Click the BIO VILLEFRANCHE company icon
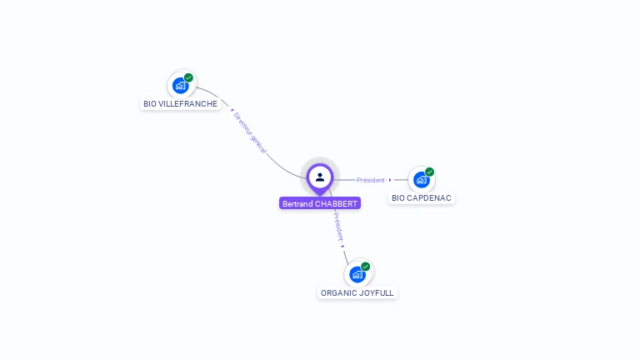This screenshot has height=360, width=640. pyautogui.click(x=180, y=85)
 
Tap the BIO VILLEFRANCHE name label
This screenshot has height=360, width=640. pyautogui.click(x=180, y=104)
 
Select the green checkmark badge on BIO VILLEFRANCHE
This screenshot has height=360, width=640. pyautogui.click(x=189, y=77)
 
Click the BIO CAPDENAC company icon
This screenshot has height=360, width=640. pyautogui.click(x=421, y=179)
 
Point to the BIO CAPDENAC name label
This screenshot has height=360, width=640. pyautogui.click(x=422, y=198)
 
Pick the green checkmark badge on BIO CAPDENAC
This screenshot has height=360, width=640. pyautogui.click(x=430, y=172)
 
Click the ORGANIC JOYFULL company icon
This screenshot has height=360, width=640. pyautogui.click(x=357, y=274)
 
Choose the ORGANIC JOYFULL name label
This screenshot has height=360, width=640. pyautogui.click(x=357, y=293)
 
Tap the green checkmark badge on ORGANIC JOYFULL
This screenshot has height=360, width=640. pyautogui.click(x=366, y=267)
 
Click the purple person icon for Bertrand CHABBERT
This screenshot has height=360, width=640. pyautogui.click(x=320, y=177)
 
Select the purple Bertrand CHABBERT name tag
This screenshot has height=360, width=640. pyautogui.click(x=320, y=203)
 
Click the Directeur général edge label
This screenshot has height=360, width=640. pyautogui.click(x=250, y=132)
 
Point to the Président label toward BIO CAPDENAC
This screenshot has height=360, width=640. pyautogui.click(x=371, y=180)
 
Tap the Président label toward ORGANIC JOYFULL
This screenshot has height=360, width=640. pyautogui.click(x=337, y=226)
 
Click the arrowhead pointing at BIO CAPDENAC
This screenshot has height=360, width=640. pyautogui.click(x=390, y=180)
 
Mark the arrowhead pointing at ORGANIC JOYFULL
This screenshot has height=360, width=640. pyautogui.click(x=342, y=247)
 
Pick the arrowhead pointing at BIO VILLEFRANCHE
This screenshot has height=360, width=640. pyautogui.click(x=232, y=109)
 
